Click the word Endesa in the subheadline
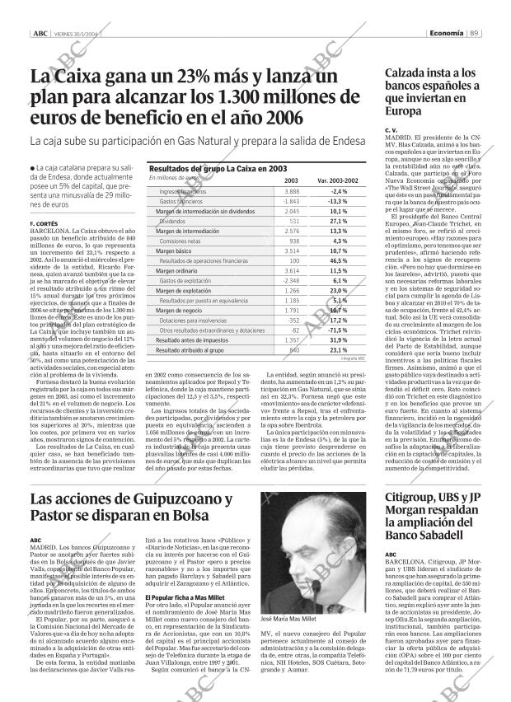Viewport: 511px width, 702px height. click(x=344, y=141)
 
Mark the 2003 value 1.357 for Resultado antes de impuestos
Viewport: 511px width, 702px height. click(x=291, y=339)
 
